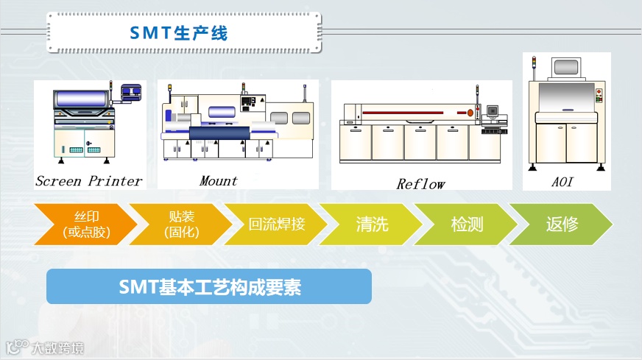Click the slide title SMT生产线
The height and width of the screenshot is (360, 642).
coord(178,32)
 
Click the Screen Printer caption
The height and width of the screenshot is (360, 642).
coord(88,181)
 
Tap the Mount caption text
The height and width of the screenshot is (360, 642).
coord(219,180)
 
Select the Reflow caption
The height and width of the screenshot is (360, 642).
coord(420,184)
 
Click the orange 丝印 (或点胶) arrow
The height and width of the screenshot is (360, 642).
coord(81,225)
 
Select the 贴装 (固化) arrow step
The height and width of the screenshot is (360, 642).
coord(180,225)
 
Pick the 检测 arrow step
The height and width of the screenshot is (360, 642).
coord(467,225)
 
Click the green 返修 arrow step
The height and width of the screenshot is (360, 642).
coord(562,225)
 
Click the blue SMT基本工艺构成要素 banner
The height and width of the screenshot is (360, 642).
coord(209,286)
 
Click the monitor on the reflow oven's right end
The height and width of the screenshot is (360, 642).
coord(493,111)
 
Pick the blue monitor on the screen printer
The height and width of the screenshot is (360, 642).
coord(131,91)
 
